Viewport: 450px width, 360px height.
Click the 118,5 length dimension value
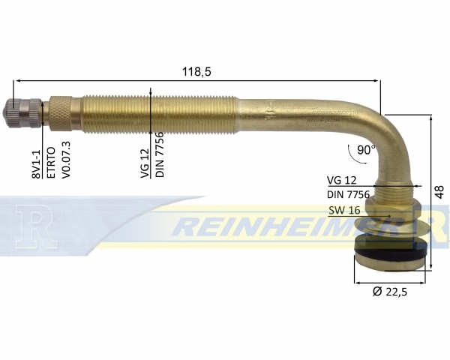pos(196,72)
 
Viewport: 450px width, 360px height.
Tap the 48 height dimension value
pos(439,192)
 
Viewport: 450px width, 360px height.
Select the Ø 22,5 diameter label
pos(390,292)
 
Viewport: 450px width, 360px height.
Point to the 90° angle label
pos(366,149)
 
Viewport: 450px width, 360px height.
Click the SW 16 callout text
pos(344,211)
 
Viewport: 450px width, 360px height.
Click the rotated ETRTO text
pos(51,163)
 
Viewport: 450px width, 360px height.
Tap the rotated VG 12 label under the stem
pos(145,163)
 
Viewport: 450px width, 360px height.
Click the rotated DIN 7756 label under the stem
pos(159,154)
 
